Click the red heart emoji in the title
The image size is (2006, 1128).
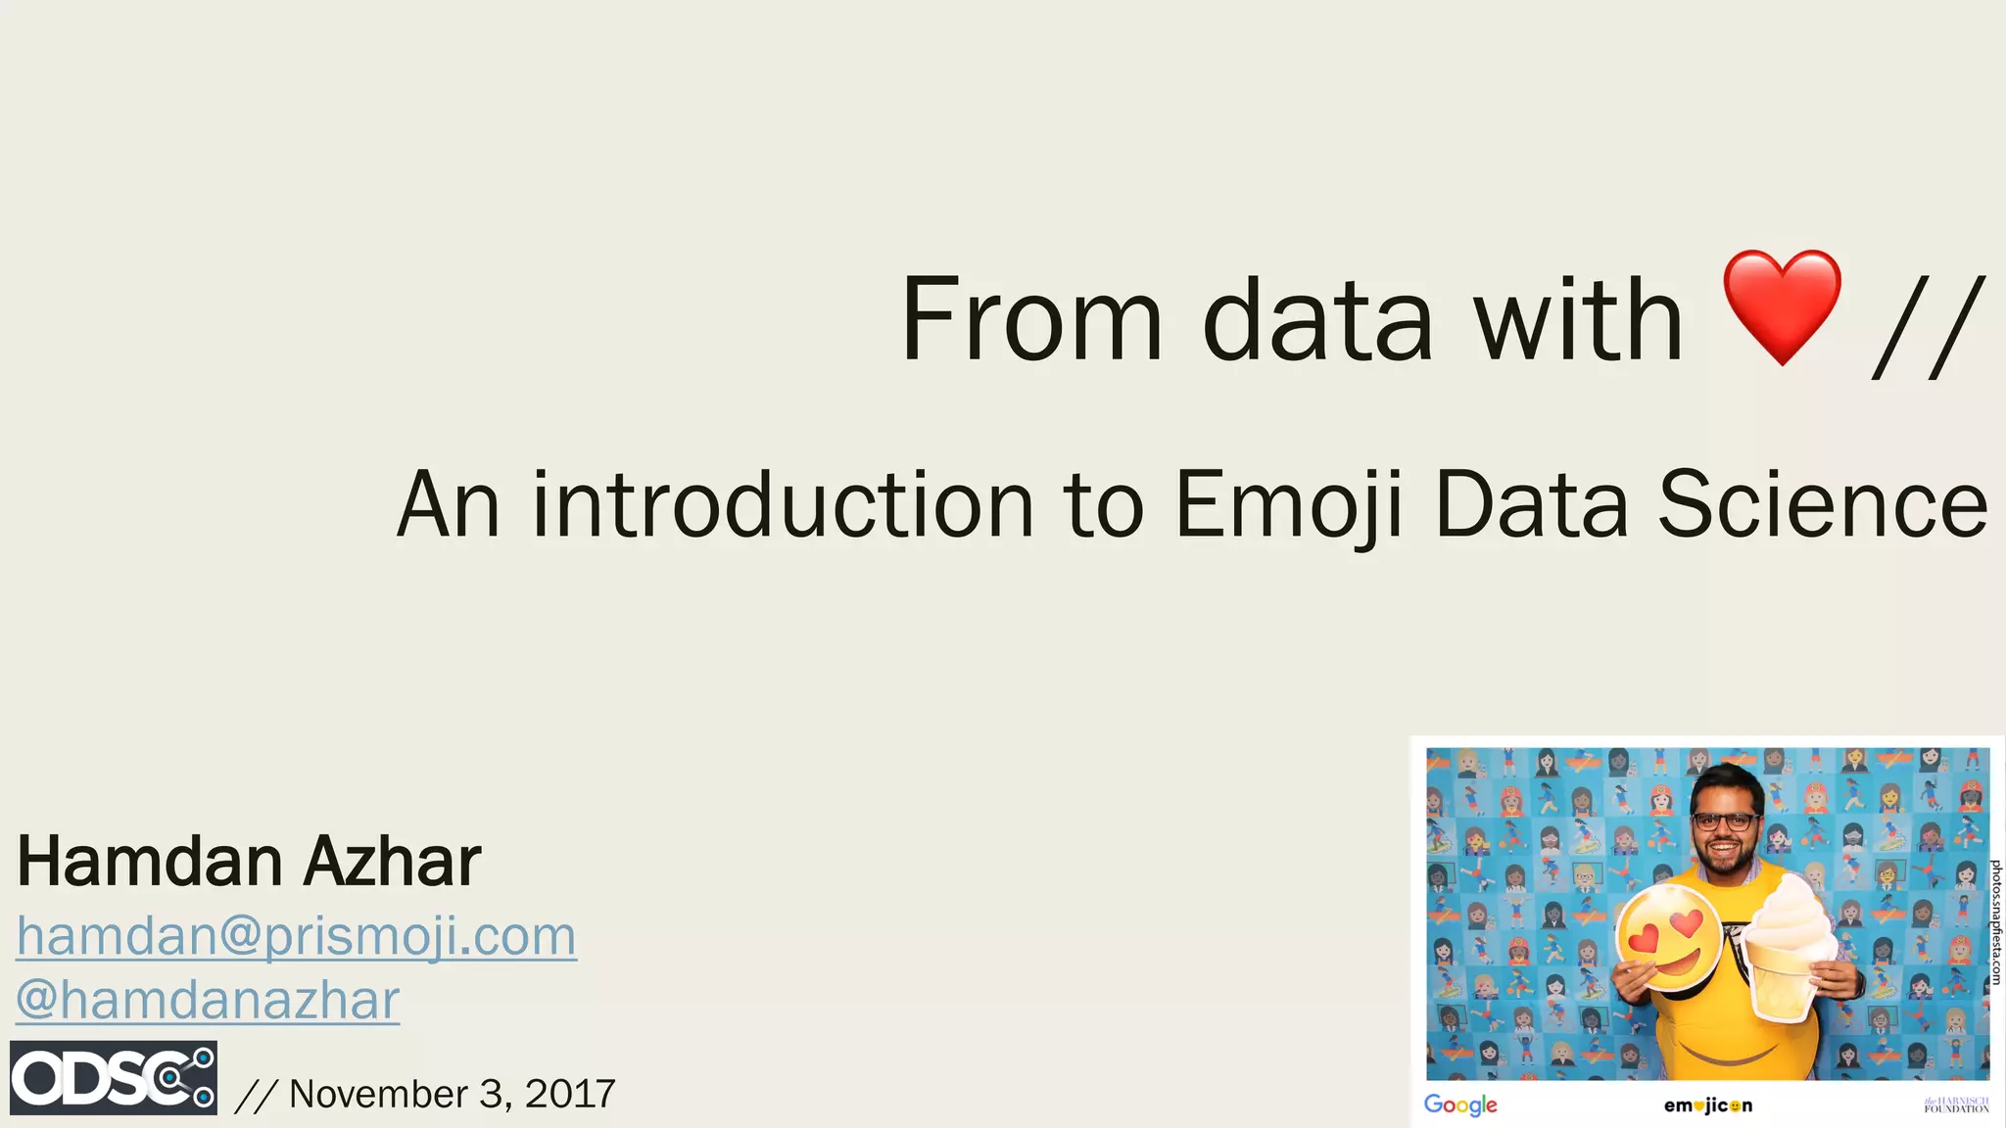(1782, 306)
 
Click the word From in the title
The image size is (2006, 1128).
(1031, 319)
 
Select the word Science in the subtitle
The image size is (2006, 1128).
(1822, 504)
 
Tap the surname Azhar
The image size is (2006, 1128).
(392, 862)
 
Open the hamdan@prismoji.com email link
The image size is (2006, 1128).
(296, 936)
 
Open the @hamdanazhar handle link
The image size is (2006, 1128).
(208, 1000)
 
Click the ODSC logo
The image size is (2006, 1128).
(114, 1078)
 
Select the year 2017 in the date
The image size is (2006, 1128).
(570, 1094)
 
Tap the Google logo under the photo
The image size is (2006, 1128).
(1460, 1104)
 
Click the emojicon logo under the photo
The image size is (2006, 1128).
(1707, 1105)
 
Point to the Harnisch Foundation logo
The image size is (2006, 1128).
(1956, 1105)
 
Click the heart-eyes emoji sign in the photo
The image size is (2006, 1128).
(1668, 937)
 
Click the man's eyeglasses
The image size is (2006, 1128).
(1724, 822)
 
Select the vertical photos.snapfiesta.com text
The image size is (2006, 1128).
(1996, 921)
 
